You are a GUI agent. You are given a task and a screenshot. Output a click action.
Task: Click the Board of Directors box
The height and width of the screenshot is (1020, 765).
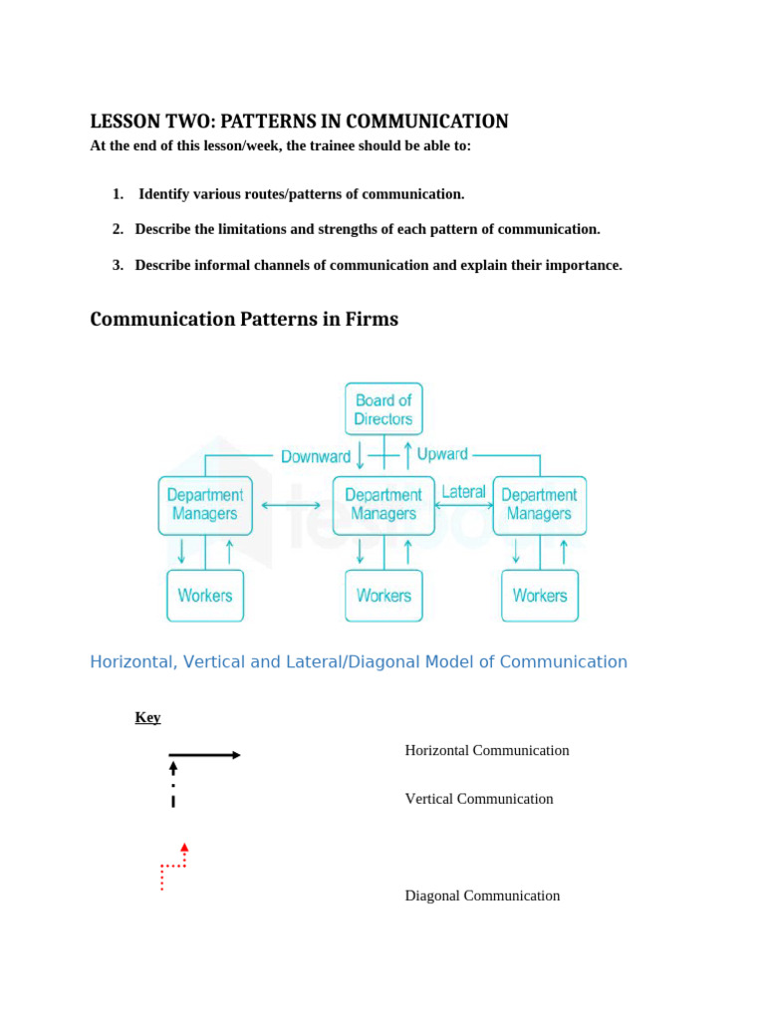[x=383, y=409]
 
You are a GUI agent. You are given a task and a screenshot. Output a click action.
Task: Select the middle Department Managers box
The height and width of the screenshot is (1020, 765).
[x=383, y=505]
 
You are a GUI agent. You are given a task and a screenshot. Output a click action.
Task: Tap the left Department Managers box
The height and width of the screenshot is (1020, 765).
[x=205, y=505]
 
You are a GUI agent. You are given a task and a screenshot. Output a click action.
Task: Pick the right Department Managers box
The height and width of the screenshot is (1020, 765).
[x=539, y=505]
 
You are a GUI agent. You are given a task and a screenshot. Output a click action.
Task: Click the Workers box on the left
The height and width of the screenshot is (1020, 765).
[x=205, y=596]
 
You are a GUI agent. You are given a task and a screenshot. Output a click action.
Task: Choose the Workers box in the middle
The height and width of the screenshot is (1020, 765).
[x=383, y=596]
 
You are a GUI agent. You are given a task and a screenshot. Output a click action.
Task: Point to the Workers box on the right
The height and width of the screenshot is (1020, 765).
[x=539, y=596]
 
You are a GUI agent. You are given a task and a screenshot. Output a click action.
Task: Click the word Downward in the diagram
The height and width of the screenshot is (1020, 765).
[x=316, y=456]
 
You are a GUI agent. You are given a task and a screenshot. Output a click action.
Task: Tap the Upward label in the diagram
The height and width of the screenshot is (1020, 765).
[x=442, y=454]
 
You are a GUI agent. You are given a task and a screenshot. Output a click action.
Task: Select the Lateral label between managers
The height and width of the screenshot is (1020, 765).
[x=463, y=492]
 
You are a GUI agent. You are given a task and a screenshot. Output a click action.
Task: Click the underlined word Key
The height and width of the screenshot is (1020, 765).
[x=147, y=717]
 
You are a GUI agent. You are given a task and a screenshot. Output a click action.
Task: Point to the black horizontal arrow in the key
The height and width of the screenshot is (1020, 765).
[x=204, y=755]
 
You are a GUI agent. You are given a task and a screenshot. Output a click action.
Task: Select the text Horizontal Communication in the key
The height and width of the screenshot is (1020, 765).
[x=487, y=750]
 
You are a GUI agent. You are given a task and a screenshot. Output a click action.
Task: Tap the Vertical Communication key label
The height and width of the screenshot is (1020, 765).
[x=479, y=799]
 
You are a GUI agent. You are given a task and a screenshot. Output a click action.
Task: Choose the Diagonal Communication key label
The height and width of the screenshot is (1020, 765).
[x=482, y=895]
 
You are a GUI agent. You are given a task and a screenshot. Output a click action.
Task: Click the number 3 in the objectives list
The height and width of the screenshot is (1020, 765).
[x=117, y=265]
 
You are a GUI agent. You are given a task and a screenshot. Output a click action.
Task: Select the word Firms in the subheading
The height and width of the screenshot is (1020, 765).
[x=372, y=320]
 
